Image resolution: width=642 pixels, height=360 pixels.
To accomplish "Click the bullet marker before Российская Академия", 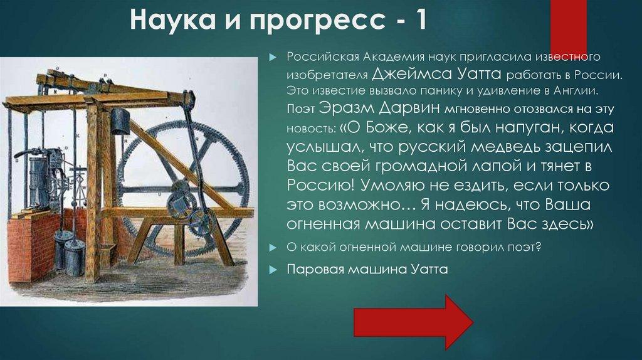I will (x=273, y=58).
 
